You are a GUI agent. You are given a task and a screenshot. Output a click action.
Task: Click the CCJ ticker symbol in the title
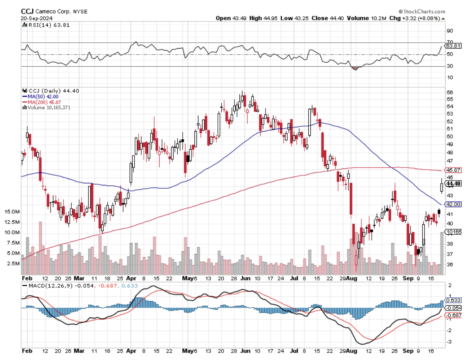pyautogui.click(x=27, y=12)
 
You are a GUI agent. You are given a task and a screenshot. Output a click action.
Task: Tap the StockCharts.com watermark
pyautogui.click(x=422, y=12)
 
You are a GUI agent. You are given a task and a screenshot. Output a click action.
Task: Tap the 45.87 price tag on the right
pyautogui.click(x=453, y=170)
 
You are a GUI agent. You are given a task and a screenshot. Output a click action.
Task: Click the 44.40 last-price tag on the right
pyautogui.click(x=453, y=183)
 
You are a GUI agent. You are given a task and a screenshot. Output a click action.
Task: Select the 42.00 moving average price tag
pyautogui.click(x=453, y=204)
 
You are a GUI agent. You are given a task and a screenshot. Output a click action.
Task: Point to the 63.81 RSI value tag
pyautogui.click(x=453, y=46)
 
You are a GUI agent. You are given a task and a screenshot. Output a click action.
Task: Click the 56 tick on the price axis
pyautogui.click(x=450, y=92)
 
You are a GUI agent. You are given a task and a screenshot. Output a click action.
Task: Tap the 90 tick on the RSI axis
pyautogui.click(x=450, y=31)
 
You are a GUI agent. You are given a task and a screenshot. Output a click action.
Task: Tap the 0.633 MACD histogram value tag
pyautogui.click(x=453, y=301)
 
